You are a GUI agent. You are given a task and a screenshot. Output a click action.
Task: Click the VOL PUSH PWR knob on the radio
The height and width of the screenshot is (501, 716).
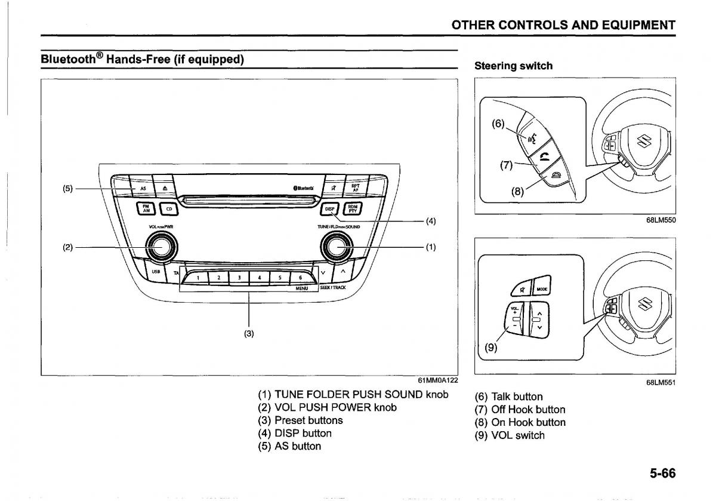pyautogui.click(x=161, y=246)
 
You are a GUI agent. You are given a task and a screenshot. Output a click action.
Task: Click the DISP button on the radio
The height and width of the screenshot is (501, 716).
pyautogui.click(x=329, y=209)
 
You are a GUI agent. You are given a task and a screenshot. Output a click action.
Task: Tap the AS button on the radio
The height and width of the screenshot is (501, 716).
pyautogui.click(x=143, y=188)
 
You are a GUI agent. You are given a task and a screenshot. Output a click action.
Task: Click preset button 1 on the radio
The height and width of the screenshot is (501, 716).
pyautogui.click(x=197, y=277)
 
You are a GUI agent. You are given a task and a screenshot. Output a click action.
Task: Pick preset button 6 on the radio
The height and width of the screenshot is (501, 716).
pyautogui.click(x=300, y=277)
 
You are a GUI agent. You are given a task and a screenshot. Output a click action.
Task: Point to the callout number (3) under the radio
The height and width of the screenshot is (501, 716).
pyautogui.click(x=249, y=333)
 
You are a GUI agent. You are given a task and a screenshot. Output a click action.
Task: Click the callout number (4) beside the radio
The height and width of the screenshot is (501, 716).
pyautogui.click(x=430, y=221)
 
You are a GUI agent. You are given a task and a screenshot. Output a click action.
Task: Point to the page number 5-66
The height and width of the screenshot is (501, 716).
pyautogui.click(x=662, y=474)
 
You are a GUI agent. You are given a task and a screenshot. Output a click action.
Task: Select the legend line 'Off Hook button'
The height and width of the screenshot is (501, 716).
pyautogui.click(x=520, y=410)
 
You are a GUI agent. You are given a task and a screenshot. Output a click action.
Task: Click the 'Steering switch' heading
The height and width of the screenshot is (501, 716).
pyautogui.click(x=513, y=66)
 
